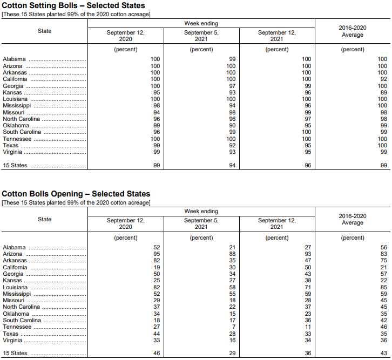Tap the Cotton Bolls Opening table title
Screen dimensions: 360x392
click(x=76, y=194)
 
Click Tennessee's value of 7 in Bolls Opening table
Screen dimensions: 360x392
click(x=234, y=327)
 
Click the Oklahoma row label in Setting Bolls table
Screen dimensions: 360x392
click(x=16, y=126)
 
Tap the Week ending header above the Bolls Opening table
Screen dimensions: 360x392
click(x=201, y=212)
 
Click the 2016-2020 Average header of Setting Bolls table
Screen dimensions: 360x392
click(x=352, y=31)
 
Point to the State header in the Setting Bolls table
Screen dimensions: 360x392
click(x=45, y=31)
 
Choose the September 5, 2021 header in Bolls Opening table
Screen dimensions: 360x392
click(x=201, y=223)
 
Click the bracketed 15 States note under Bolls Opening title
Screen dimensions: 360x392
click(x=76, y=202)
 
